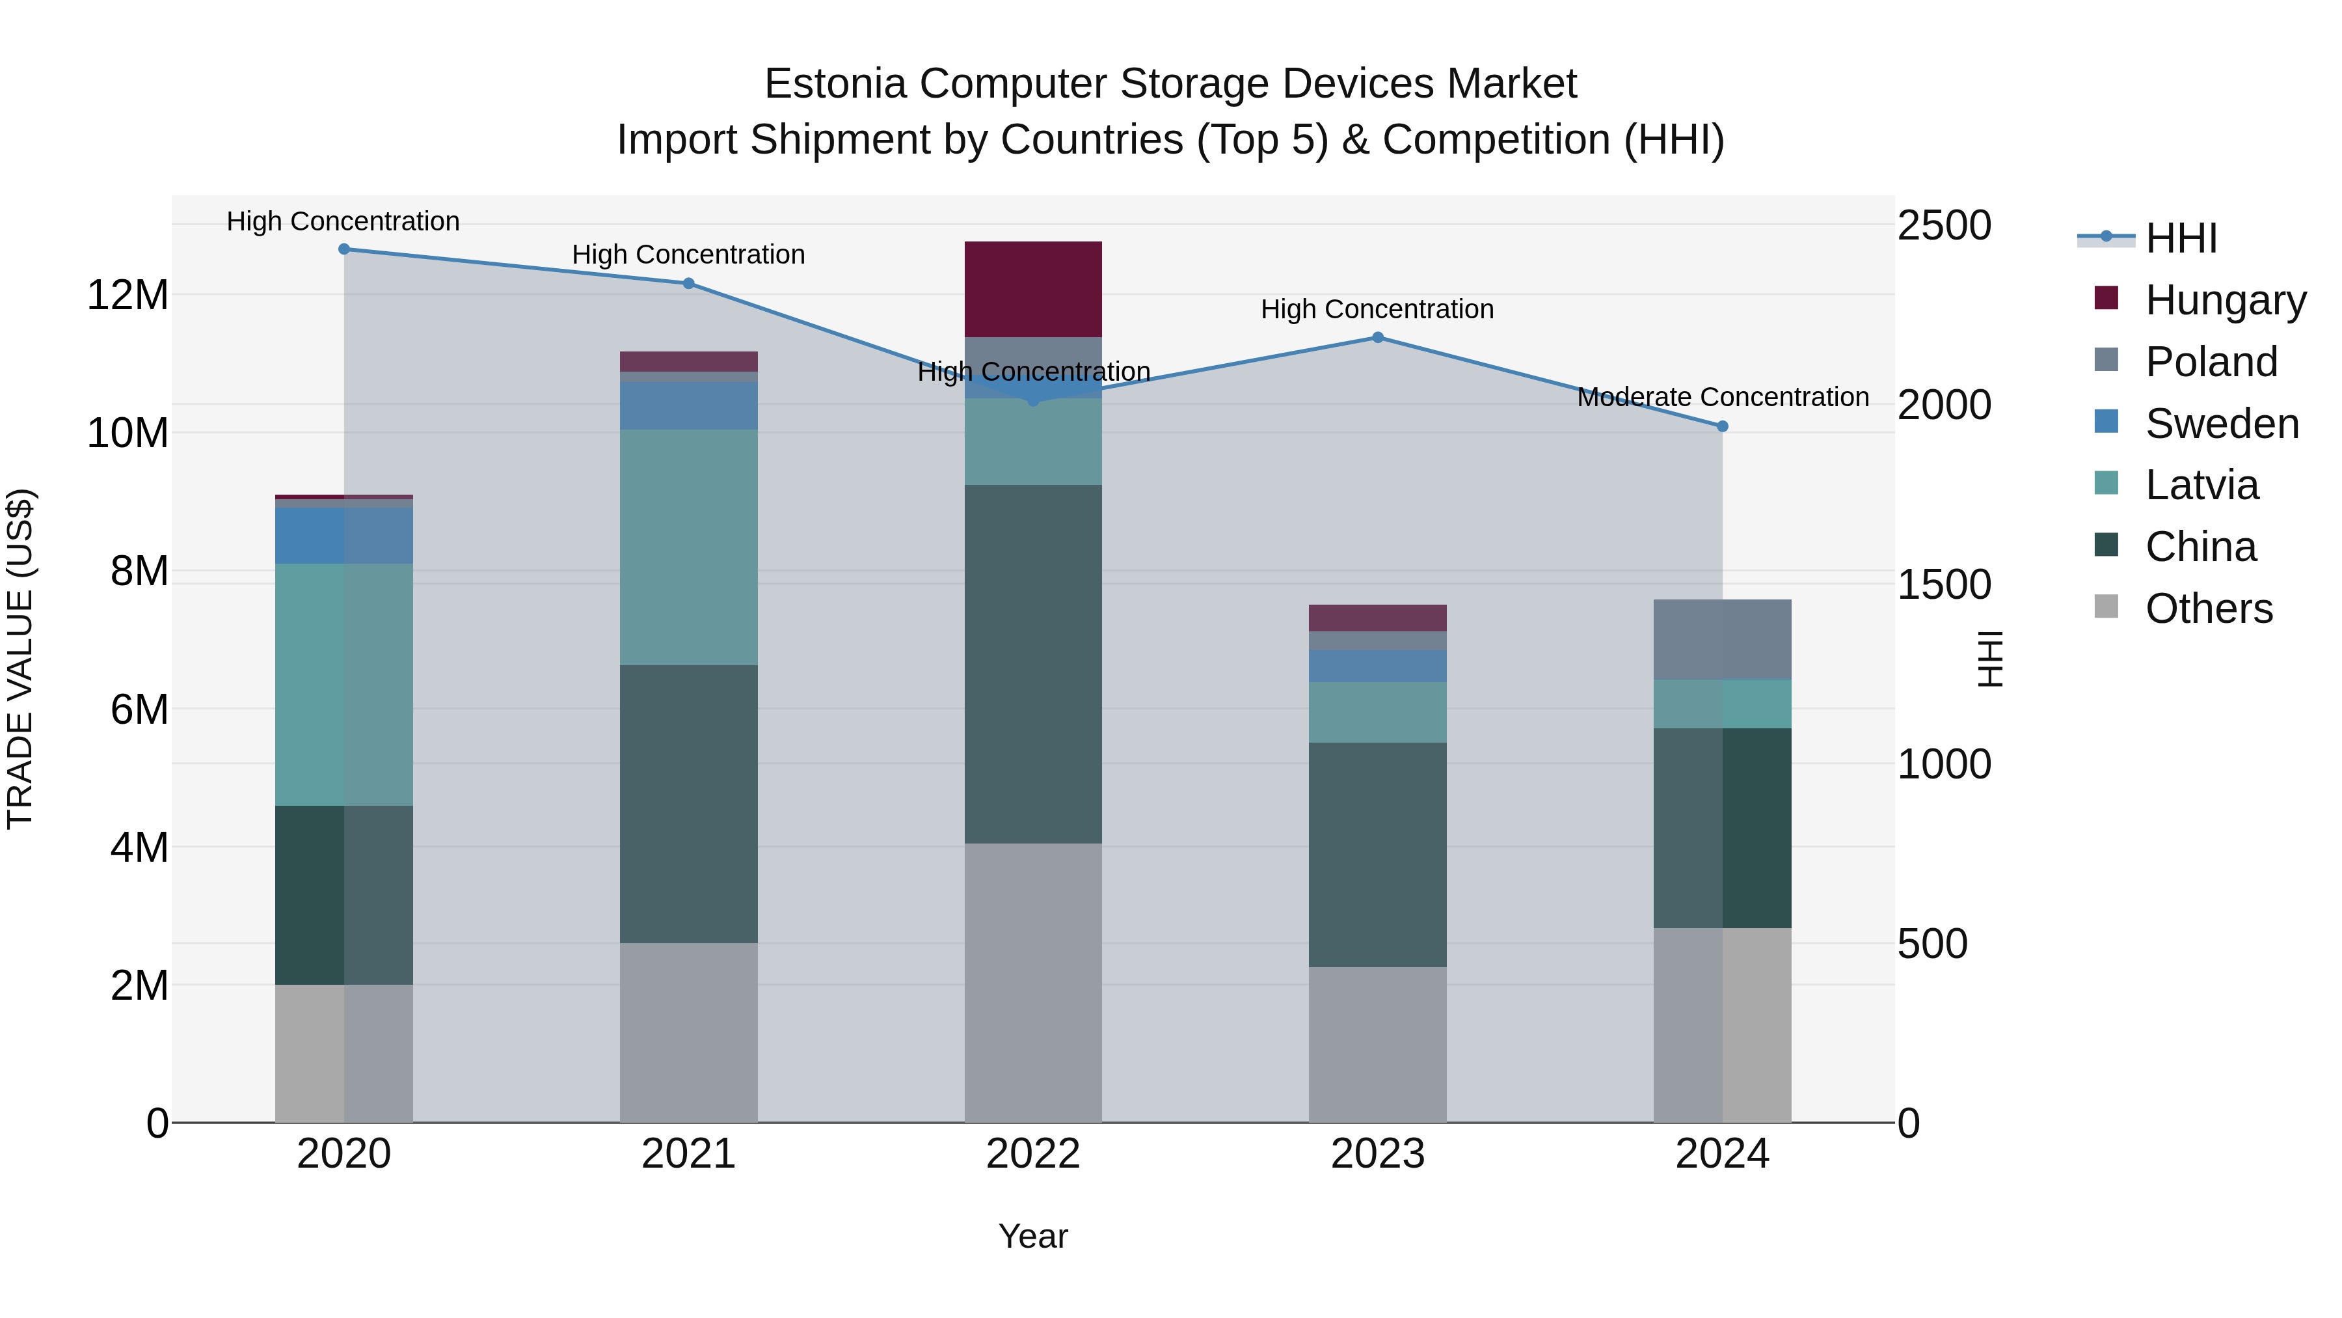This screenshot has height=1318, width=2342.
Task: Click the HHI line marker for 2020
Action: pyautogui.click(x=343, y=249)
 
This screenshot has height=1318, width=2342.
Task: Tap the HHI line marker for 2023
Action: pyautogui.click(x=1377, y=337)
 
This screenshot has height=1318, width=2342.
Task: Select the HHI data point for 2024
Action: pyautogui.click(x=1722, y=426)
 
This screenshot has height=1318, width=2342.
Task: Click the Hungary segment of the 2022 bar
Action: pyautogui.click(x=1033, y=289)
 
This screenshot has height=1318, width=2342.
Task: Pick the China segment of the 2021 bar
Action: pyautogui.click(x=688, y=803)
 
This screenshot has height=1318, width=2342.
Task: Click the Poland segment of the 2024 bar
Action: pyautogui.click(x=1722, y=638)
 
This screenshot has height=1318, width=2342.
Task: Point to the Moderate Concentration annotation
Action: pyautogui.click(x=1722, y=398)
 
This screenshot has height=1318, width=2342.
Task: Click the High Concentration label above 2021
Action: pyautogui.click(x=688, y=254)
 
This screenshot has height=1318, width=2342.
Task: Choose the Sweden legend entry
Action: pyautogui.click(x=2221, y=424)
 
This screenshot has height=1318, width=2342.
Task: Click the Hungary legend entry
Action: pyautogui.click(x=2225, y=300)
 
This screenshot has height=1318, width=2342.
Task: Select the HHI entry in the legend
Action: pyautogui.click(x=2180, y=238)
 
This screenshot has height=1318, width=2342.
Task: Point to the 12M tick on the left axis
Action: pyautogui.click(x=128, y=295)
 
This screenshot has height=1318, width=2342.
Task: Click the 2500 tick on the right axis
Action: pyautogui.click(x=1944, y=226)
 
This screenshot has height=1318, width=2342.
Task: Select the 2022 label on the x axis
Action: pyautogui.click(x=1033, y=1154)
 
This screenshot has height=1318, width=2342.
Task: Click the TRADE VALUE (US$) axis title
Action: pyautogui.click(x=20, y=659)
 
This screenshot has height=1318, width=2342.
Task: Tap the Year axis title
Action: pyautogui.click(x=1033, y=1236)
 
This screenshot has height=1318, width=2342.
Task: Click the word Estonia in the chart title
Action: pyautogui.click(x=835, y=84)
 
